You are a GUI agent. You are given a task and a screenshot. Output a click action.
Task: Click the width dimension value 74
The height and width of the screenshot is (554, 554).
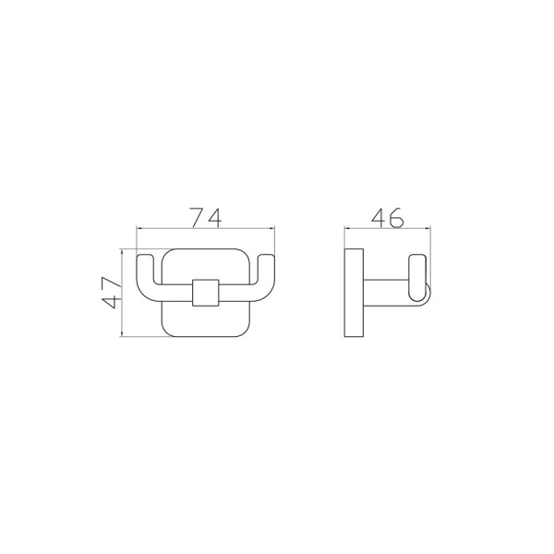pos(206,217)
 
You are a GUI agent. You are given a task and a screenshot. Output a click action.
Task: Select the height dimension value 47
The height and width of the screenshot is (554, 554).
pos(112,293)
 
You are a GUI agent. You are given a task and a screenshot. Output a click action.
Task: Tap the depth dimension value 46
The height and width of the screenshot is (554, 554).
pos(388,217)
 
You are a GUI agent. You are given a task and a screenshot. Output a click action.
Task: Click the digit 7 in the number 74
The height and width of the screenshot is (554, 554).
pos(198,217)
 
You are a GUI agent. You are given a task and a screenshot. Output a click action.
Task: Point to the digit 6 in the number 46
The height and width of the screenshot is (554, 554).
pos(396,217)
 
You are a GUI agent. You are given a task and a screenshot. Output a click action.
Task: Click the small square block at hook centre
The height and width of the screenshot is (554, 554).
pos(206,293)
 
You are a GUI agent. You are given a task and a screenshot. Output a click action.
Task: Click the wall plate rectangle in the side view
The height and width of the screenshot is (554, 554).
pos(354,293)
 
